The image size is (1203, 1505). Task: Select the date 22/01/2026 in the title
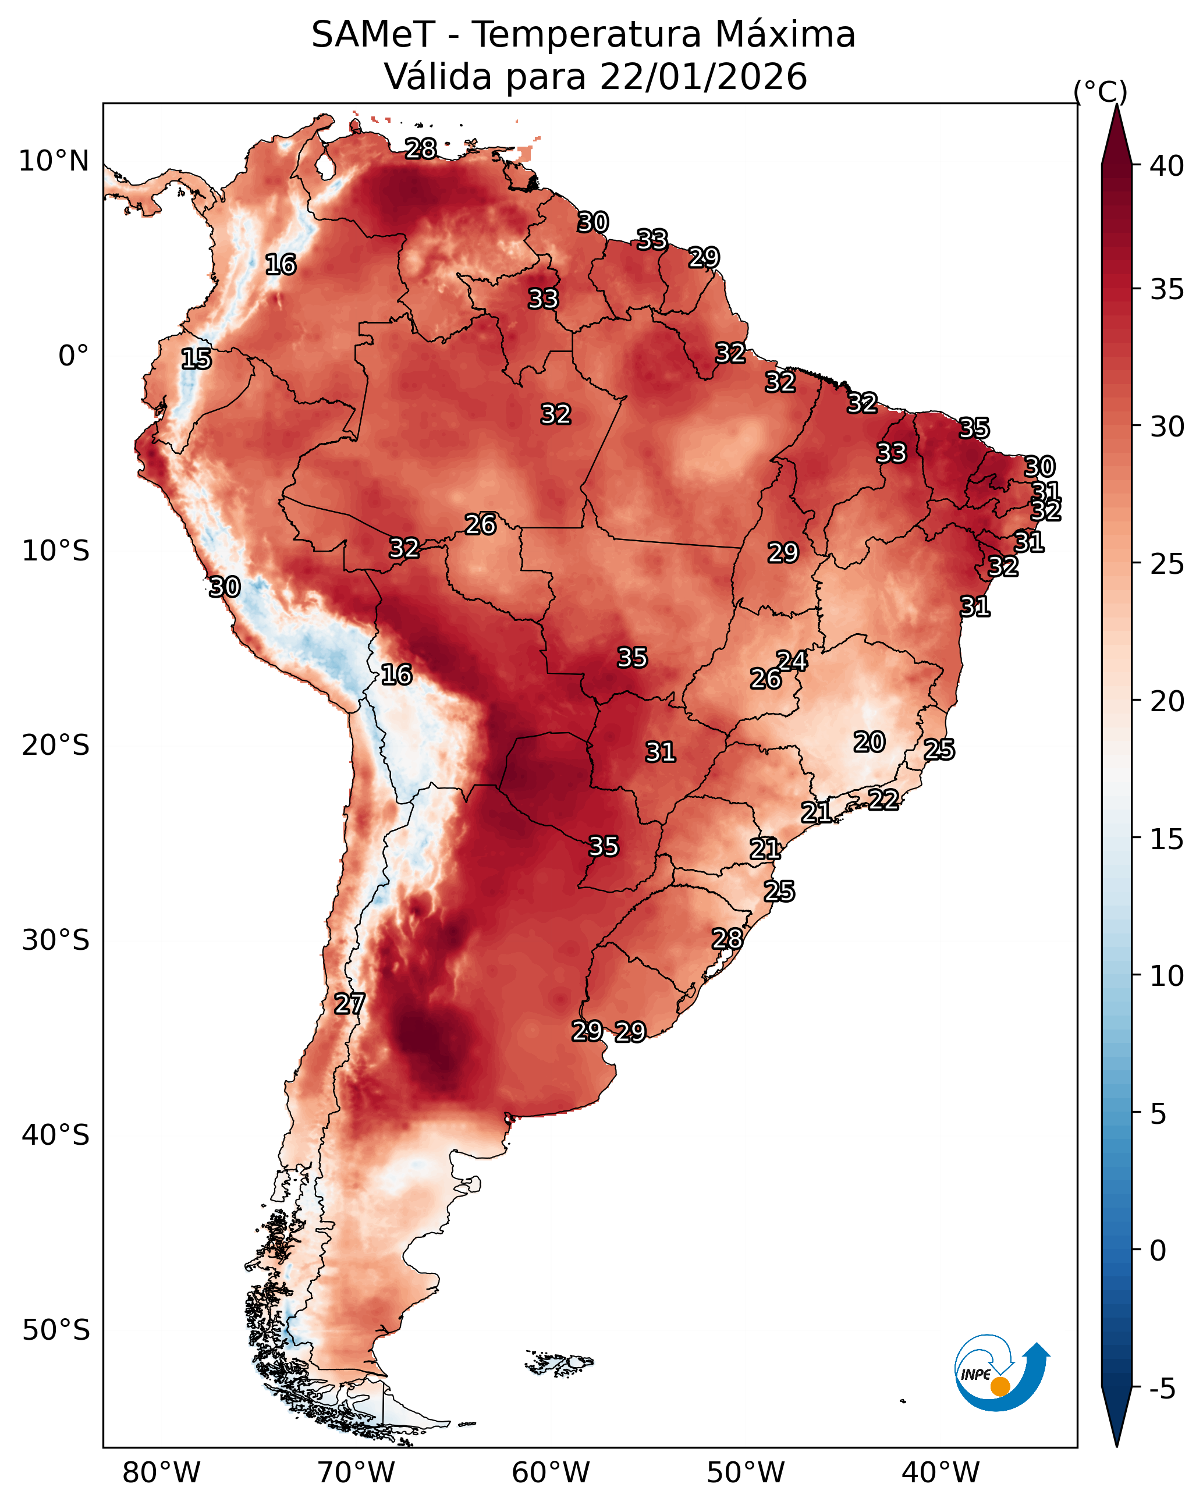tap(703, 77)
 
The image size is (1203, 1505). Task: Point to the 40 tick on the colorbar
tap(1167, 166)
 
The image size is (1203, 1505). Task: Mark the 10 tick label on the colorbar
tap(1167, 976)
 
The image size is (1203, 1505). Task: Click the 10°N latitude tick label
tap(54, 161)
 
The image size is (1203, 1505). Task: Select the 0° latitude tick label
tap(74, 356)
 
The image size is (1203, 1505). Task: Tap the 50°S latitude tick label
tap(56, 1330)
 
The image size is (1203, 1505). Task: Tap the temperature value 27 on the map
tap(350, 1004)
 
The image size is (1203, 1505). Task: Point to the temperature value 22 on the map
tap(883, 799)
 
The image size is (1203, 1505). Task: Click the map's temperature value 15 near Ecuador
tap(196, 359)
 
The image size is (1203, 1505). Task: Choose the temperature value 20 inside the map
tap(870, 742)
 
